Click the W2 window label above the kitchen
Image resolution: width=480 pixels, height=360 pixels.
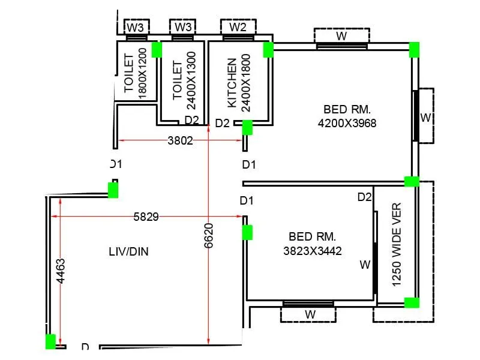point(238,26)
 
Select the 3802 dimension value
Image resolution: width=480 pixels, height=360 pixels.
point(180,140)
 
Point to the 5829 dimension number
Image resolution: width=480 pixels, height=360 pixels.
point(146,217)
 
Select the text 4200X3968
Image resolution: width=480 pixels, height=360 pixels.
point(347,123)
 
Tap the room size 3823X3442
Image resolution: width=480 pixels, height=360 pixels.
point(312,251)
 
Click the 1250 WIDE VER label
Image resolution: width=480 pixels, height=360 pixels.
point(396,244)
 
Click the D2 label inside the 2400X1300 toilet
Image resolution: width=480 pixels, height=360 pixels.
point(191,120)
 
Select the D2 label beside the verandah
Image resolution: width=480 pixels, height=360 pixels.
point(365,197)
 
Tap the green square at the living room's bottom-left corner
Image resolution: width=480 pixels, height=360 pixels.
point(50,341)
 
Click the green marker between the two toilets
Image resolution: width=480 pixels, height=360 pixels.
point(157,49)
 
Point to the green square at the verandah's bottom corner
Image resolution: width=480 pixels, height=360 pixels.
point(411,302)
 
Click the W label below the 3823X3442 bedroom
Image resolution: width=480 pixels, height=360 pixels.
point(310,314)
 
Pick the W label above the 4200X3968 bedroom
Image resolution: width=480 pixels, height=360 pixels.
point(341,35)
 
